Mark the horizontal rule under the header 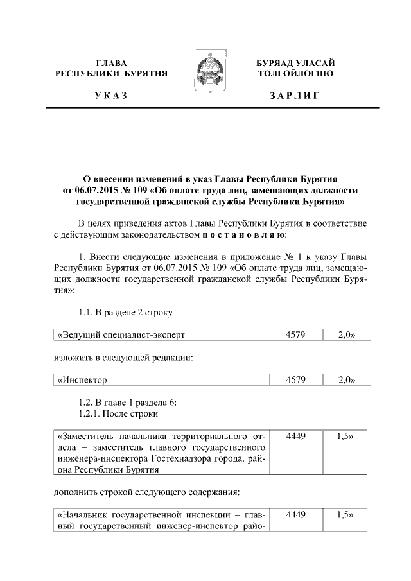205,110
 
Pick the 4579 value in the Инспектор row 296,380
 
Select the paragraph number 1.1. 86,313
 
